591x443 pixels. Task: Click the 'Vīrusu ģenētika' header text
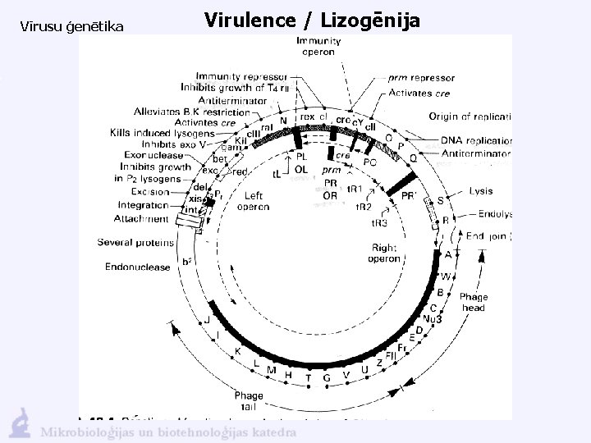pyautogui.click(x=71, y=27)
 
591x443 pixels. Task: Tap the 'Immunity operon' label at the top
pyautogui.click(x=315, y=45)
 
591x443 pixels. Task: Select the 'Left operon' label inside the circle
pyautogui.click(x=253, y=202)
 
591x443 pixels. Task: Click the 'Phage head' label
pyautogui.click(x=474, y=302)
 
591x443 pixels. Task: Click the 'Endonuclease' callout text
pyautogui.click(x=138, y=267)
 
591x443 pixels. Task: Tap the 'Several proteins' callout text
pyautogui.click(x=135, y=242)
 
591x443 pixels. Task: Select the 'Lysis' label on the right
pyautogui.click(x=481, y=190)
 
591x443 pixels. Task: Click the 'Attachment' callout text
pyautogui.click(x=142, y=218)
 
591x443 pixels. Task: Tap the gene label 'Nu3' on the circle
pyautogui.click(x=433, y=319)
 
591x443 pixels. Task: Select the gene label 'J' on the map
pyautogui.click(x=208, y=321)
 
